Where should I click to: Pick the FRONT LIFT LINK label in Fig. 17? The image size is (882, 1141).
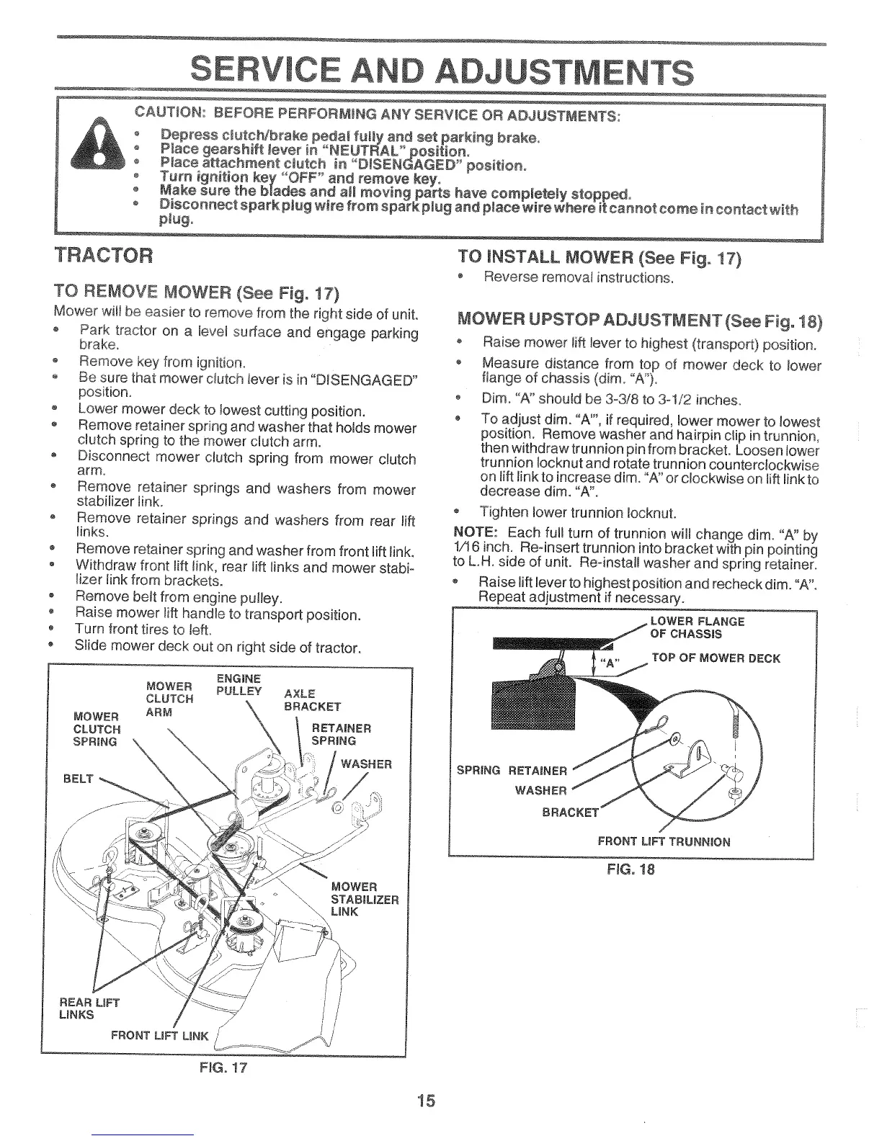[159, 1036]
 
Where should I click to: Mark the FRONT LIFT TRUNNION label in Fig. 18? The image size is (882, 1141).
[664, 841]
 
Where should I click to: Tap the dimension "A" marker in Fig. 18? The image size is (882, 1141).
[610, 663]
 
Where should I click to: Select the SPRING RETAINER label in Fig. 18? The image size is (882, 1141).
[512, 770]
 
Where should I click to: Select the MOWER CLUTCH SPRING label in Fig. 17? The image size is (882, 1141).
[97, 729]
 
